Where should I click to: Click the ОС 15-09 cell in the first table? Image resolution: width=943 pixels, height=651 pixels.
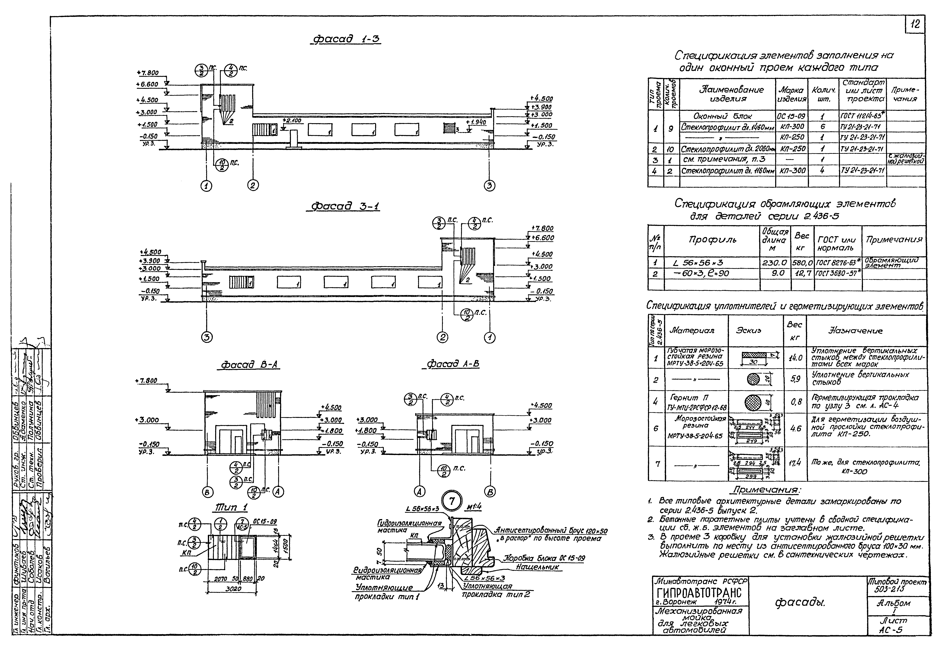(792, 116)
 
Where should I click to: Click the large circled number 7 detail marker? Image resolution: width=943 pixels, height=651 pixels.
(452, 502)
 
